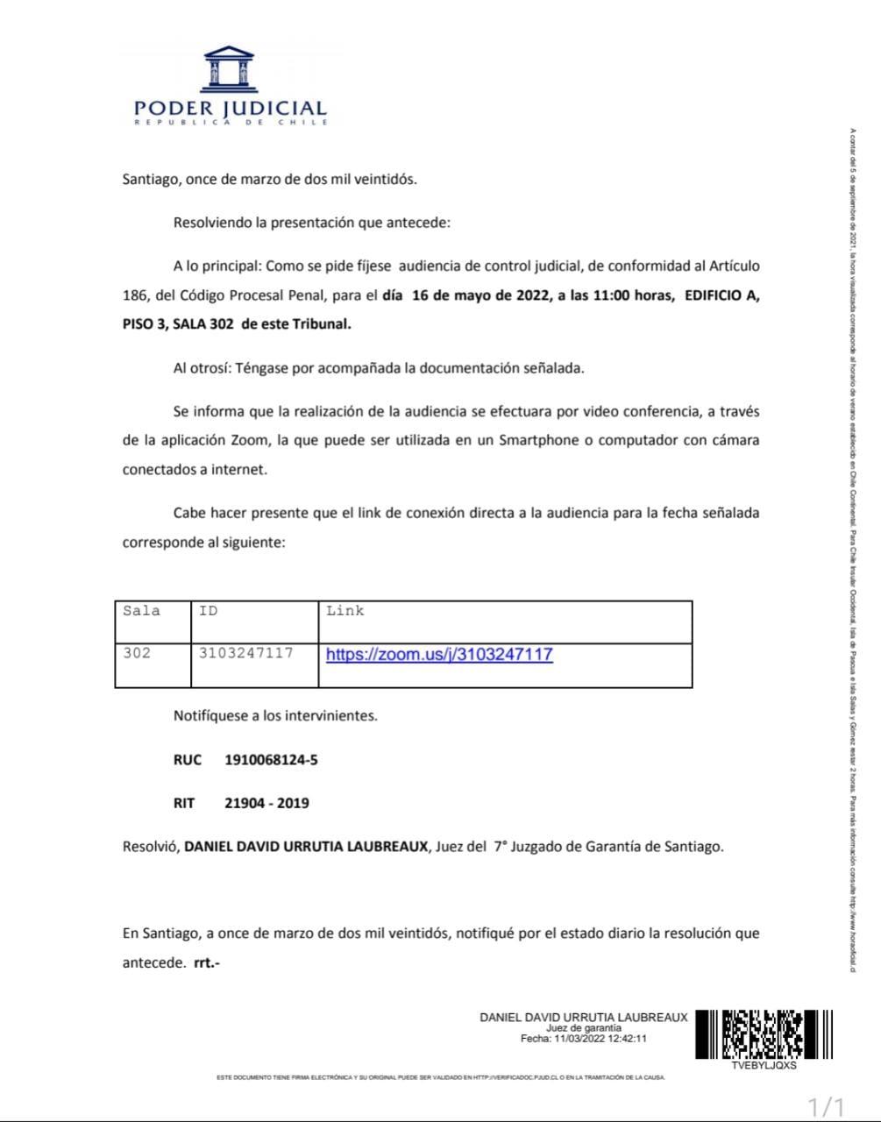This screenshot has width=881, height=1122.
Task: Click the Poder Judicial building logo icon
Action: click(x=229, y=69)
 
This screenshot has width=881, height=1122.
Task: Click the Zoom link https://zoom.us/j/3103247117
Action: click(x=439, y=654)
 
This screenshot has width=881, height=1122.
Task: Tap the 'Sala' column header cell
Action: click(x=142, y=611)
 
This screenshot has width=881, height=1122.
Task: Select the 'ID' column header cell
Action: click(x=209, y=611)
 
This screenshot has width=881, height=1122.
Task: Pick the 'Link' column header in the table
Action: click(x=345, y=611)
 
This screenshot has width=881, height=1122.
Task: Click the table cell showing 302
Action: click(x=137, y=653)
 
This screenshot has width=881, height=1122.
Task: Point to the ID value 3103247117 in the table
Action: click(x=245, y=653)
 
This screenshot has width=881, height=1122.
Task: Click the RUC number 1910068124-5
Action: click(x=271, y=760)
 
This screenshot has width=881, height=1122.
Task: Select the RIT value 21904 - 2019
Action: click(x=266, y=803)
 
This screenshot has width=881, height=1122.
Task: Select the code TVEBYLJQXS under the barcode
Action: click(x=764, y=1067)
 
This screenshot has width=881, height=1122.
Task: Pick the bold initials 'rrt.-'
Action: click(x=207, y=962)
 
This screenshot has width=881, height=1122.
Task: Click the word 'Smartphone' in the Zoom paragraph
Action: click(x=539, y=440)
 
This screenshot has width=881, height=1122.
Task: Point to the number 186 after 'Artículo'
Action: click(x=135, y=295)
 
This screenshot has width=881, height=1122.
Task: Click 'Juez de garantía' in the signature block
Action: click(x=584, y=1028)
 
